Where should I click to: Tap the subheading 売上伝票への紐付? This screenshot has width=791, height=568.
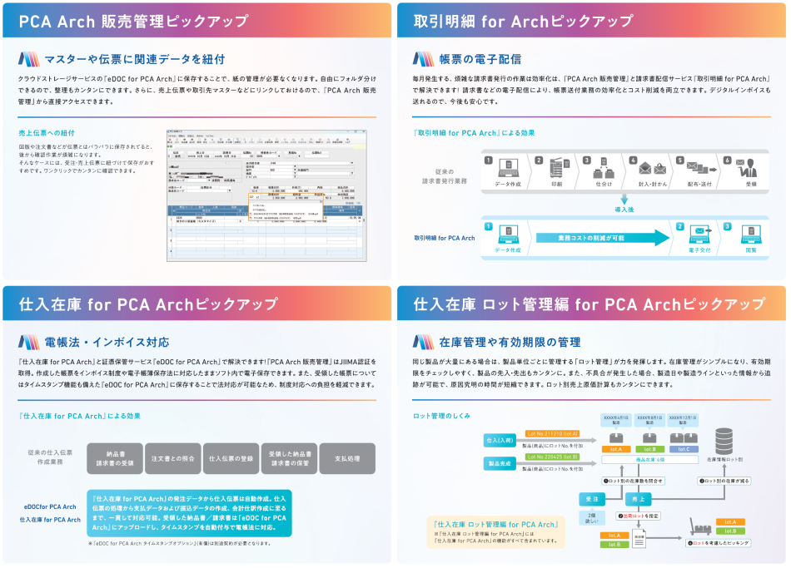pyautogui.click(x=46, y=133)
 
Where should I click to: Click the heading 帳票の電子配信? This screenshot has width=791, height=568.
pyautogui.click(x=480, y=58)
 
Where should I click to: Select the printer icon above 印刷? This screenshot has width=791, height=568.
pyautogui.click(x=556, y=167)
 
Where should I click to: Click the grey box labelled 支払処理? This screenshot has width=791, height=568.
pyautogui.click(x=347, y=458)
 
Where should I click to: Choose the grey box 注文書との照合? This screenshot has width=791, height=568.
pyautogui.click(x=172, y=458)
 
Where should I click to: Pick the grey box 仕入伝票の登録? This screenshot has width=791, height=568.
pyautogui.click(x=231, y=458)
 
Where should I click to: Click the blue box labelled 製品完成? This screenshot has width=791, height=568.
pyautogui.click(x=500, y=462)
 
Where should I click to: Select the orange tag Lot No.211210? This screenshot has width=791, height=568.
pyautogui.click(x=552, y=434)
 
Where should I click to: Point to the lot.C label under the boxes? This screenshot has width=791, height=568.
pyautogui.click(x=683, y=449)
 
